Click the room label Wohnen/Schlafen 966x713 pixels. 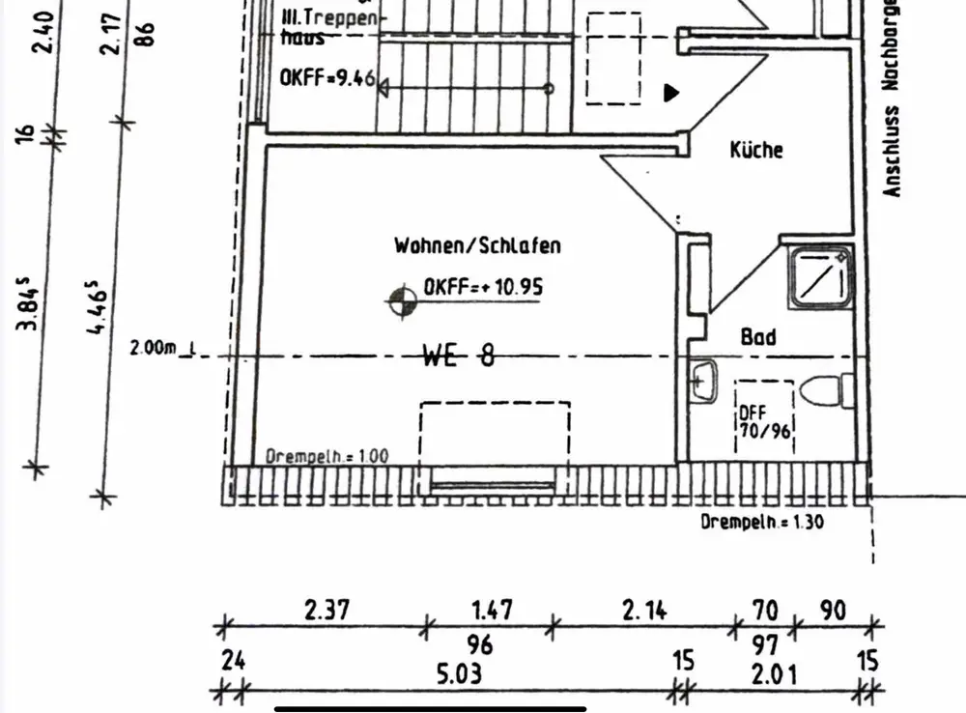[476, 245]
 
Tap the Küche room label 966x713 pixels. [756, 150]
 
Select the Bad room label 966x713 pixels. [758, 338]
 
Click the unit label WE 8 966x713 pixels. [459, 356]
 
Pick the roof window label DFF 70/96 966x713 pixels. [765, 422]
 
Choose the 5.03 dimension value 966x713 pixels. [459, 672]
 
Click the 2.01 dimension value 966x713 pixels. [774, 672]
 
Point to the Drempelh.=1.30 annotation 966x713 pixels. [762, 522]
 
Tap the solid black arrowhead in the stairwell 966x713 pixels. [671, 93]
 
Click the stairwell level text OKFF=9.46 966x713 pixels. [327, 79]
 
